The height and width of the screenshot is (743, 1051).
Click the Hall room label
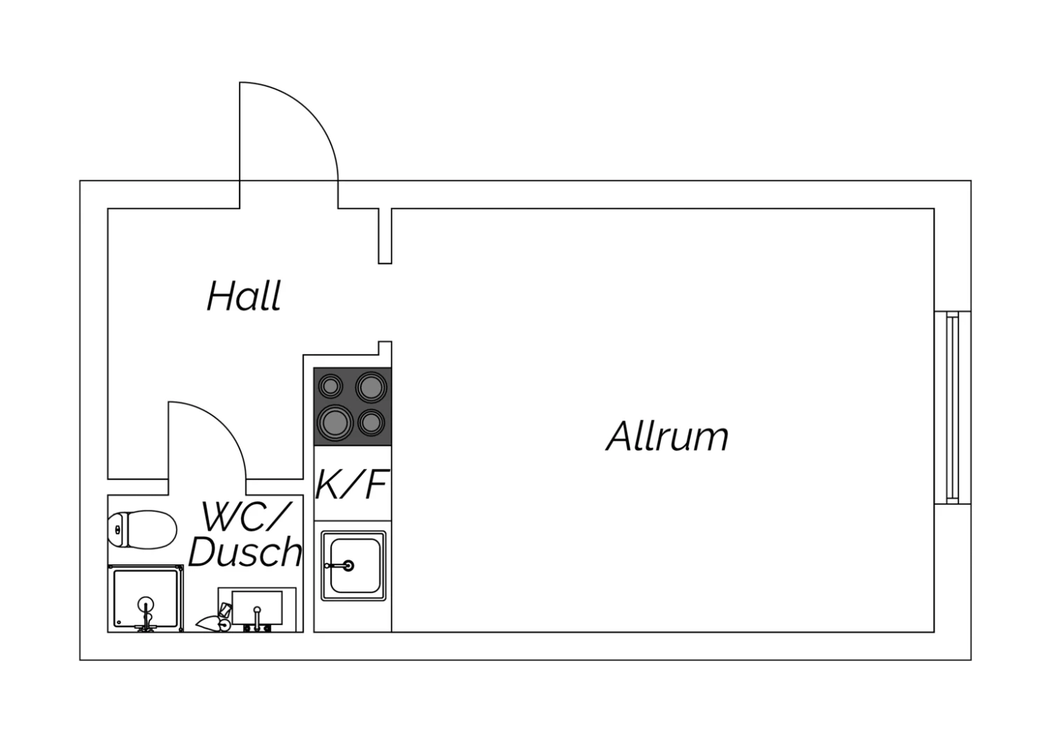tap(244, 296)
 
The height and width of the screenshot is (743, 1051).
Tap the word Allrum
tap(667, 436)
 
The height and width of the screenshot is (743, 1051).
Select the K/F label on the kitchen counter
tap(352, 484)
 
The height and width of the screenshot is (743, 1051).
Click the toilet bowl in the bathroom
tap(142, 530)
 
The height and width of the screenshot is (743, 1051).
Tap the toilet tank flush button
tap(117, 530)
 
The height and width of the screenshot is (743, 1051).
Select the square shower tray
tap(146, 599)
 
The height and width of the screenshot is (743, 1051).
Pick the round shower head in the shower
tap(146, 604)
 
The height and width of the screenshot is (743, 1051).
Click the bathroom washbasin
tap(257, 608)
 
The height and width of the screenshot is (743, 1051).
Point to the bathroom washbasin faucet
tap(256, 620)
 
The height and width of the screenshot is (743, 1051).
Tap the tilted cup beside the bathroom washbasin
tap(225, 610)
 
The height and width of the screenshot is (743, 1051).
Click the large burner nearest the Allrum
tap(371, 388)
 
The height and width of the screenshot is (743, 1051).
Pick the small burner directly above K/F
tap(371, 423)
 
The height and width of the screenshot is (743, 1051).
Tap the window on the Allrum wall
tap(952, 407)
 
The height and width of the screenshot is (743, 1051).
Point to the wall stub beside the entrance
tap(385, 236)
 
